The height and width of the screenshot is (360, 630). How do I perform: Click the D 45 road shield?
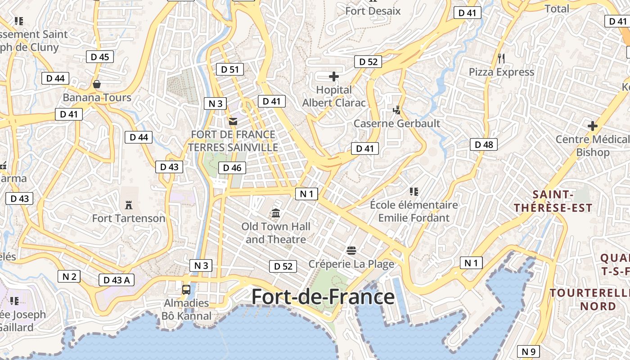tap(99, 57)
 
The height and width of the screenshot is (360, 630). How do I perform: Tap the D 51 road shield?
tap(229, 69)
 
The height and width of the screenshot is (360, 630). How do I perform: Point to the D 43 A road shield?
tap(116, 280)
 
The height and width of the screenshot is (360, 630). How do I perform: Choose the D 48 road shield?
tap(484, 144)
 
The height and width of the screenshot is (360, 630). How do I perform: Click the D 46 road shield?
tap(232, 168)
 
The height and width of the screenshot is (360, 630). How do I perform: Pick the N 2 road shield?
tap(69, 276)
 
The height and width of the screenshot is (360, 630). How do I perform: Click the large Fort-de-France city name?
tap(323, 297)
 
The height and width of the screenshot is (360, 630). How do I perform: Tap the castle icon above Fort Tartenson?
tap(129, 205)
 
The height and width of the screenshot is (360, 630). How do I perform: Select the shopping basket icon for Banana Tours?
tap(96, 84)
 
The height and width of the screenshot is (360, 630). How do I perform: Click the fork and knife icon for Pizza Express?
tap(501, 58)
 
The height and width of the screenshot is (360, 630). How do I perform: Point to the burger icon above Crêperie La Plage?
tap(351, 250)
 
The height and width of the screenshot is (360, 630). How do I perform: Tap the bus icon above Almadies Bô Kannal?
tap(186, 289)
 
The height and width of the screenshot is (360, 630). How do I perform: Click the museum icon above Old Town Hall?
tap(276, 212)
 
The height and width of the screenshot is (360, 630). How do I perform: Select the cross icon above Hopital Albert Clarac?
tap(333, 76)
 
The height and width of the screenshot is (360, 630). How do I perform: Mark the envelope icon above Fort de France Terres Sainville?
tap(233, 121)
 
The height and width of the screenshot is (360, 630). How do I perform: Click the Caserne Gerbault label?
tap(396, 123)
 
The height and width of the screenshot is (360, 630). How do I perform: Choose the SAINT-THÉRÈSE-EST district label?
tap(553, 201)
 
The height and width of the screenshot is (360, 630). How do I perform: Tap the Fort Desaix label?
tap(373, 11)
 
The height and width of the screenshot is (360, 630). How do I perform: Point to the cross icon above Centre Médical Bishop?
tap(592, 126)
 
